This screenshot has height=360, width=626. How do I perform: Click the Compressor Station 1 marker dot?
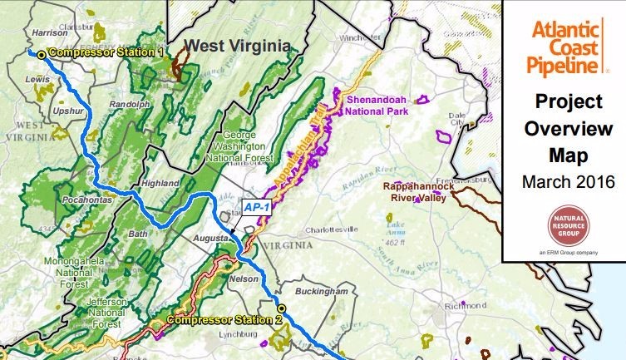pos(42,54)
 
